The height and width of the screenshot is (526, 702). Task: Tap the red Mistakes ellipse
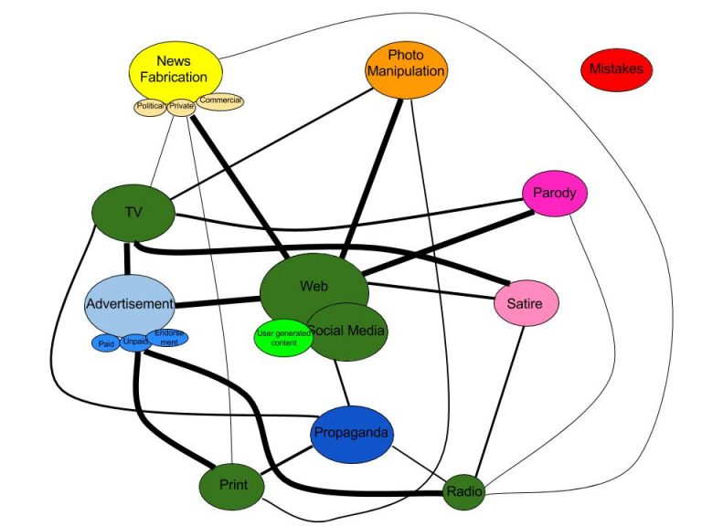click(616, 68)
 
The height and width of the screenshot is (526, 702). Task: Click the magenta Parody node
click(554, 194)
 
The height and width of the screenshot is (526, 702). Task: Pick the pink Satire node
click(526, 303)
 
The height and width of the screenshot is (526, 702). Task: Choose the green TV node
click(133, 213)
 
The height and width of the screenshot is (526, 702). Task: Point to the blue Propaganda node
click(352, 433)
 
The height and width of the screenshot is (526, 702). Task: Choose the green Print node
click(232, 484)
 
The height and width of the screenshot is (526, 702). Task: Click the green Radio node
click(463, 493)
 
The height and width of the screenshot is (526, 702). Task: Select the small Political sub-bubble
click(150, 107)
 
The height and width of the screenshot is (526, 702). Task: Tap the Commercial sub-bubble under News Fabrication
click(220, 100)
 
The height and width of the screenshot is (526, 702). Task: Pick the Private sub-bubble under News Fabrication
click(182, 107)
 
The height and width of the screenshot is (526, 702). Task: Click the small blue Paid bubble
click(105, 343)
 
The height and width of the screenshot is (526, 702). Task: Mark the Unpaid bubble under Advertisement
click(135, 342)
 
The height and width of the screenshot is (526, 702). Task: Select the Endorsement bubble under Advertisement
click(170, 338)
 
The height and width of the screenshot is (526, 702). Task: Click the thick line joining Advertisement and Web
click(218, 301)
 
